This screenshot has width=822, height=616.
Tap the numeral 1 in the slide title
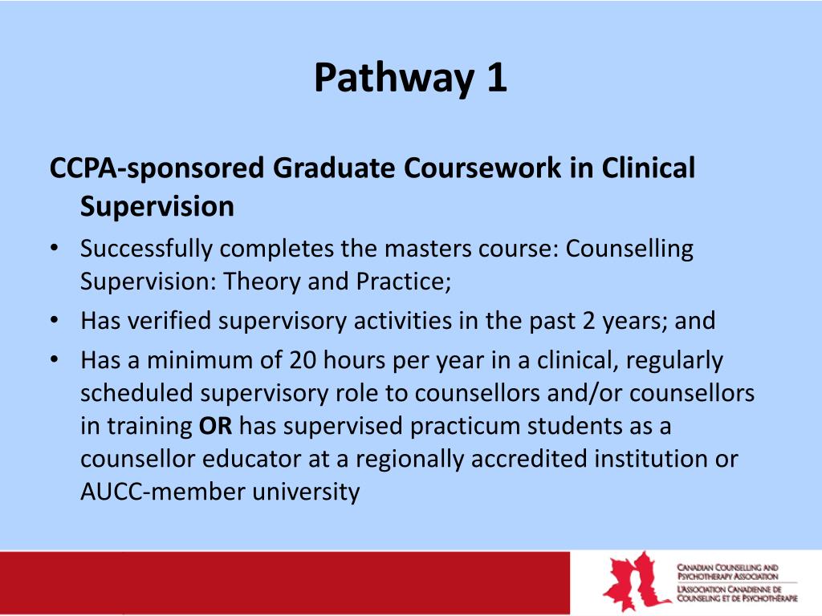pos(495,79)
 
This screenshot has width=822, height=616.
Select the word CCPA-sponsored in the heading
pos(157,169)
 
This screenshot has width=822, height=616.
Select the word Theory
pos(261,282)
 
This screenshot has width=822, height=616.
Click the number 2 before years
pos(597,322)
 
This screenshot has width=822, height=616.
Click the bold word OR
pos(215,427)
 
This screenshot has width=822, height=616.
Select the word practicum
pos(462,427)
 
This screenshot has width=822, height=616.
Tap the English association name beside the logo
pos(729,571)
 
